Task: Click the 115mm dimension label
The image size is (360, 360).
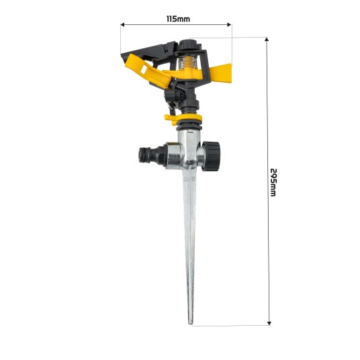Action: [x=178, y=19]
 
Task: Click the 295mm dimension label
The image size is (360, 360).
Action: [x=273, y=183]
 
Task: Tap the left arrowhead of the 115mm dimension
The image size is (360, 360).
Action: [x=122, y=25]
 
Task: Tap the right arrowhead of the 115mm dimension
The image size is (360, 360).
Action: [x=229, y=25]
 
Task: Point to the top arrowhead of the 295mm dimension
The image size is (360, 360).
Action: [x=267, y=39]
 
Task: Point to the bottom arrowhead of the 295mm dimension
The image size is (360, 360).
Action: [x=269, y=323]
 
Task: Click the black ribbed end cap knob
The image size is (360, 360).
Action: [x=211, y=156]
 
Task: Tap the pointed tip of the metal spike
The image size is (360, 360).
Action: [x=191, y=324]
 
